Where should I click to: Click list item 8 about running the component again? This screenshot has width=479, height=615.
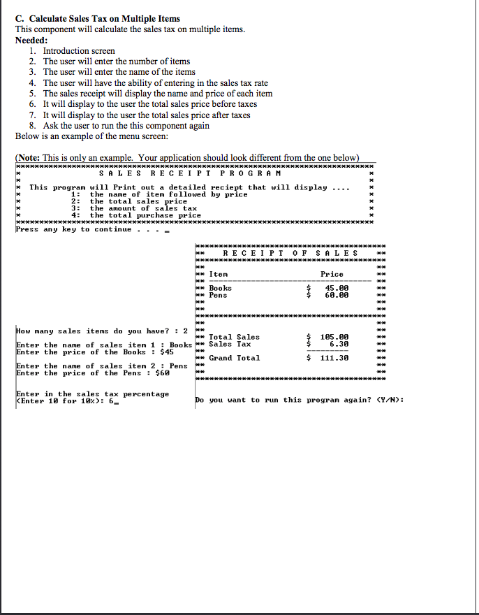point(126,125)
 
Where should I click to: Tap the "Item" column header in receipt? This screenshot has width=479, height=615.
point(219,274)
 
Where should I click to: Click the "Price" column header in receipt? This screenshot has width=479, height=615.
point(332,274)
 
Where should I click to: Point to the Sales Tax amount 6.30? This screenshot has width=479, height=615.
point(339,344)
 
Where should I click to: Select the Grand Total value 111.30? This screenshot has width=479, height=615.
point(334,358)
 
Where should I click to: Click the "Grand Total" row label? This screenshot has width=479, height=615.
point(235,358)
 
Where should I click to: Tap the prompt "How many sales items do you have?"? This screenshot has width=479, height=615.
point(94,331)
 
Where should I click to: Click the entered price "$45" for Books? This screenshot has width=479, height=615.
point(165,352)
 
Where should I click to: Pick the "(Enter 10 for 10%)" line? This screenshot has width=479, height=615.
point(62,400)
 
